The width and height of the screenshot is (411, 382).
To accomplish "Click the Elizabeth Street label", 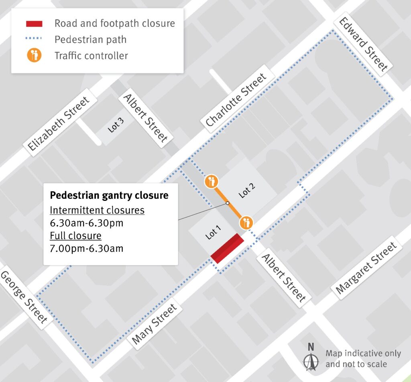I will click(59, 124).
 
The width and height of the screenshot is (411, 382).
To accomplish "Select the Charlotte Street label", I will click(236, 100).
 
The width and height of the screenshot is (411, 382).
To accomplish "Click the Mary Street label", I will click(154, 324).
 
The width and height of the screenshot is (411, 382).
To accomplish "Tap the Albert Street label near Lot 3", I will click(145, 118).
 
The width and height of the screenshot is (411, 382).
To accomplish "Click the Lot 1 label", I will click(213, 233).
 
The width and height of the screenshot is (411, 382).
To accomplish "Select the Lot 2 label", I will click(247, 190).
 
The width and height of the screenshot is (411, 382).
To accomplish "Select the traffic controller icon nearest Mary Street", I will click(246, 222).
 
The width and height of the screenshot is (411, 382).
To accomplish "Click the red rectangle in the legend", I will click(34, 24).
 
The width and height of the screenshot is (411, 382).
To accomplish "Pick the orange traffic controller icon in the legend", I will click(34, 55).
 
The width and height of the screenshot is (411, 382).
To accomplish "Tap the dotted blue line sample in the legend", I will click(34, 39).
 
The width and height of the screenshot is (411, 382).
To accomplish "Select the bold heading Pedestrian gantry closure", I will click(109, 196).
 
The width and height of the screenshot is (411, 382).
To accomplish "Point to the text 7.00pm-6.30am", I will click(87, 248).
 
